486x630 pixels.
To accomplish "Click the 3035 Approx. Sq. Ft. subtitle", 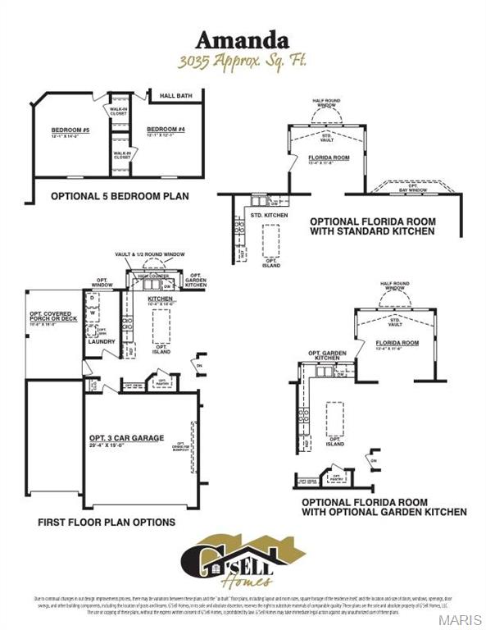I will coord(242,62).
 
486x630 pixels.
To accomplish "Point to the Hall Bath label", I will coord(175,96).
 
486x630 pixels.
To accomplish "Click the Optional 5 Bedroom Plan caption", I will coord(120,196).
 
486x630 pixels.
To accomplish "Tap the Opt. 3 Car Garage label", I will coord(127,437).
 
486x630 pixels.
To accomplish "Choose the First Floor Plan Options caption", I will coord(107,522).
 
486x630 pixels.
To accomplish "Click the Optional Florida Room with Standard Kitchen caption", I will coord(372,226).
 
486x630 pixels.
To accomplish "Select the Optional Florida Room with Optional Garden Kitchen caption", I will coord(384,506).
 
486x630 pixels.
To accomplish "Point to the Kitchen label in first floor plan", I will coord(161,299).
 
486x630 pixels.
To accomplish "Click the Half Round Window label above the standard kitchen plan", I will coord(326,103).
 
